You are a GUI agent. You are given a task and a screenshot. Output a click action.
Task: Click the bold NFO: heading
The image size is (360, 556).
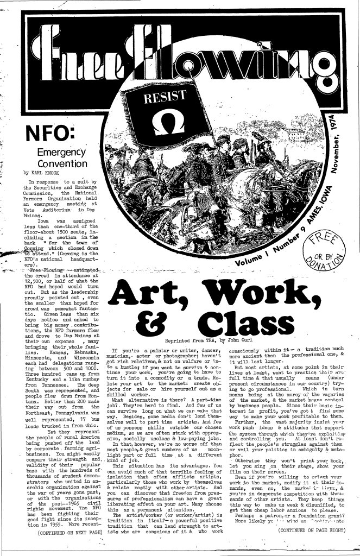[47, 132]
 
